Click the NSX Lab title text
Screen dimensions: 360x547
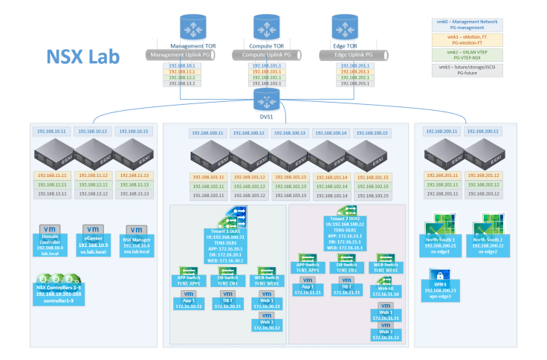82,57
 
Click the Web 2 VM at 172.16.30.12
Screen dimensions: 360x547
265,322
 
